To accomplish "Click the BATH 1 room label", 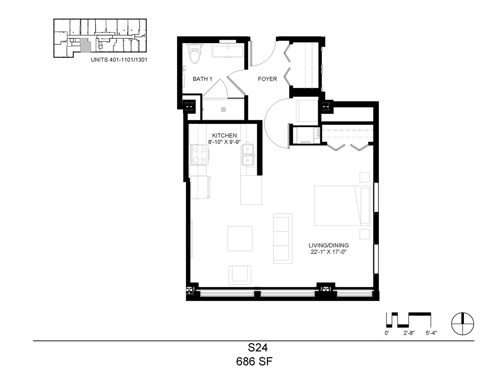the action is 202,79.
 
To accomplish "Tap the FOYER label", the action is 267,79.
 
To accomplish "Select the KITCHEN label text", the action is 224,136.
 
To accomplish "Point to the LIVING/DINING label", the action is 328,245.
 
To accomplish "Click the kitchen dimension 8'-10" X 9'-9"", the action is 224,142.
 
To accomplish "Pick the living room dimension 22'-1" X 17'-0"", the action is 328,252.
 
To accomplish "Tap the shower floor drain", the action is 223,109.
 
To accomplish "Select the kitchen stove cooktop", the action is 199,155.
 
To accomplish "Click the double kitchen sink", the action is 248,155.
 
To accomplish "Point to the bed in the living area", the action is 342,206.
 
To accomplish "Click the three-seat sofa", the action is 282,239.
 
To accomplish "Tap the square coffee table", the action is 240,239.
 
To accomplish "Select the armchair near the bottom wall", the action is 240,275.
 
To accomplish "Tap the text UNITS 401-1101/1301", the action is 119,60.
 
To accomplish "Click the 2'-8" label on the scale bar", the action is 409,333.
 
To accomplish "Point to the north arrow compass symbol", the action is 463,324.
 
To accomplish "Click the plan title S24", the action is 258,348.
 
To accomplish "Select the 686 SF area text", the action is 254,362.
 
